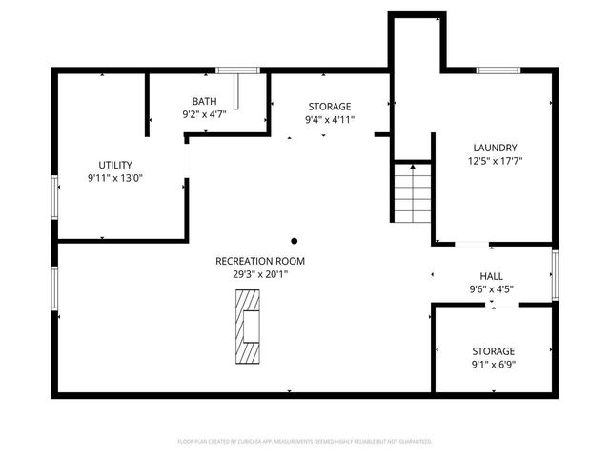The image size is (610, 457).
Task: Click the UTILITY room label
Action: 115,165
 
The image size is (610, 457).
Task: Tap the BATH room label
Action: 204,101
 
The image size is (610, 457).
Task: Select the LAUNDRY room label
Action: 495,148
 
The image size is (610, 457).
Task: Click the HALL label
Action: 491,276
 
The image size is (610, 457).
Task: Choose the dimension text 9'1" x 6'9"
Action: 493,364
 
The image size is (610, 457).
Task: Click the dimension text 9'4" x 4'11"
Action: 329,119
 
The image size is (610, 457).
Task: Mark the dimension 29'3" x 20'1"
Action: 252,273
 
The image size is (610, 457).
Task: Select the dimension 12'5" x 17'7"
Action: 495,161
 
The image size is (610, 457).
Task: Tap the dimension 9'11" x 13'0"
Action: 115,177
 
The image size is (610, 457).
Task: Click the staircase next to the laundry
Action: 413,192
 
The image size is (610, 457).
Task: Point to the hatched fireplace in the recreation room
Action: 249,325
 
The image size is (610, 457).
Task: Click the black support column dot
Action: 295,241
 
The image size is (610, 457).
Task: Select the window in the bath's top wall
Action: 238,70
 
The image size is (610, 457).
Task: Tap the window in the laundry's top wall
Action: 498,70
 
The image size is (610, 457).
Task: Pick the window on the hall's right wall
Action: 555,274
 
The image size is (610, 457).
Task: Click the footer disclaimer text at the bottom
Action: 305,441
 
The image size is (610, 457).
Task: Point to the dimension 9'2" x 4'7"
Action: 204,114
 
